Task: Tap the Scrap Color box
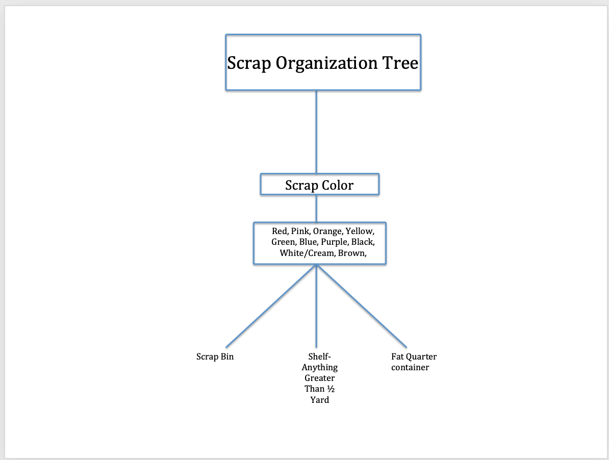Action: [x=320, y=184]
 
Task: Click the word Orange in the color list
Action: [x=328, y=232]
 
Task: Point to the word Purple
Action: [x=335, y=242]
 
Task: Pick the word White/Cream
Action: [x=307, y=253]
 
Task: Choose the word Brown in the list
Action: [x=352, y=253]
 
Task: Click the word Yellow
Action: [x=360, y=232]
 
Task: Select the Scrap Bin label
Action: [x=215, y=357]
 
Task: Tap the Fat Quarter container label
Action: [x=414, y=362]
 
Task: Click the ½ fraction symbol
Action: [x=331, y=389]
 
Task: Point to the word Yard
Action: [x=320, y=400]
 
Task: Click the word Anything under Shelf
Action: [x=320, y=368]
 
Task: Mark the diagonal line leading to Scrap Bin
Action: [x=271, y=306]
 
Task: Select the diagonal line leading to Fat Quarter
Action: [x=362, y=306]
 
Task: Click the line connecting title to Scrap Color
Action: [x=317, y=132]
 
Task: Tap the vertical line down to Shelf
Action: [x=317, y=306]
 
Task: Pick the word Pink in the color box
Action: [x=300, y=232]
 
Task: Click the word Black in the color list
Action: [x=363, y=242]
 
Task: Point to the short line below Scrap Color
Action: [x=317, y=209]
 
